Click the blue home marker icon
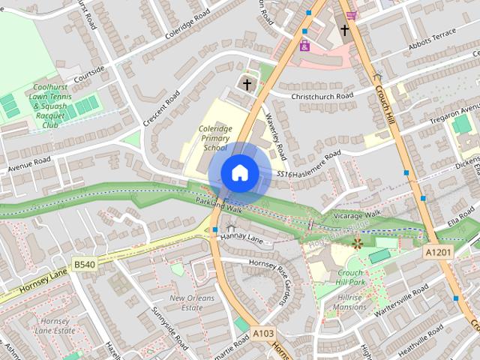click(239, 172)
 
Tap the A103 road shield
click(262, 333)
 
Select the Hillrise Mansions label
click(349, 301)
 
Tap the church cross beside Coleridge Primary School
click(247, 85)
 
